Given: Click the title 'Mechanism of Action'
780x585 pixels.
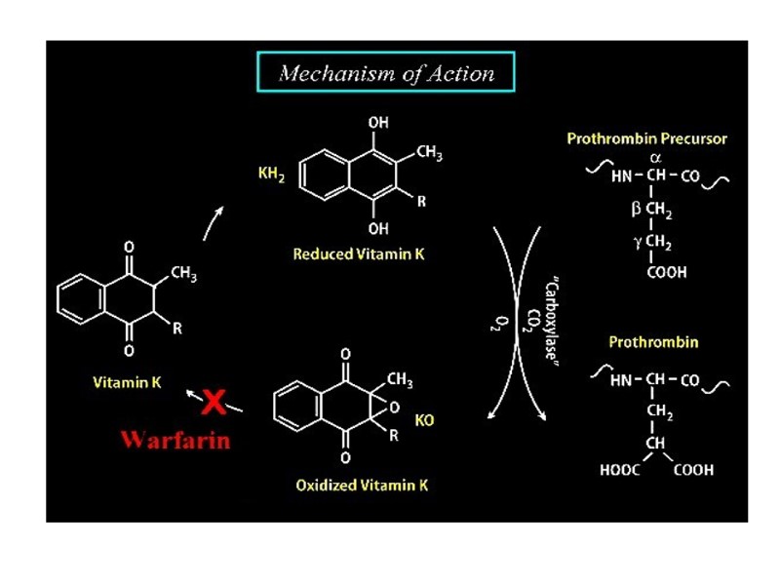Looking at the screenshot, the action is [x=386, y=73].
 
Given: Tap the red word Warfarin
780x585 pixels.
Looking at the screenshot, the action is [x=175, y=439].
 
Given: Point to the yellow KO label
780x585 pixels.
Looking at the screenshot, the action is [x=424, y=421].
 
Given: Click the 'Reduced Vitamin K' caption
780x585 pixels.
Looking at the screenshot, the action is [x=359, y=253].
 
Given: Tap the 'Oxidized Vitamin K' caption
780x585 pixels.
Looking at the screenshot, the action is [x=362, y=485].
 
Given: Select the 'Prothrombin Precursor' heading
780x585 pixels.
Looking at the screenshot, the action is [x=646, y=138].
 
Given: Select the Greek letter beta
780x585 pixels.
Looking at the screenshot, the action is [x=636, y=210].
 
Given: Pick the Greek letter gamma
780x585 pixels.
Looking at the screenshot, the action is [x=636, y=242].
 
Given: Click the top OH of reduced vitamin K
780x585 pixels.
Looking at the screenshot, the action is [x=378, y=123].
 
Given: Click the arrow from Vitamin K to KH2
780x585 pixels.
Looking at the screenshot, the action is [x=214, y=222].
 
